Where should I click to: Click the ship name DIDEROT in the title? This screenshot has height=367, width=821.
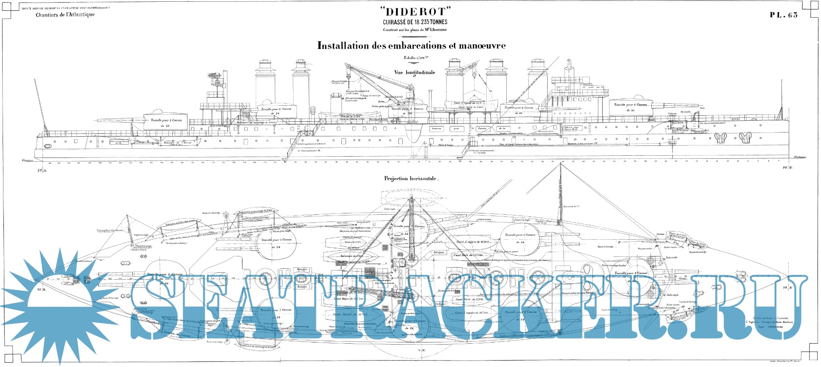415,12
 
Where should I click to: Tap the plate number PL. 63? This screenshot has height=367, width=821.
783,15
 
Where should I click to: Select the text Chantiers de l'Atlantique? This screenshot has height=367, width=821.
65,15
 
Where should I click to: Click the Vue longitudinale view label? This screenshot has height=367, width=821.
414,73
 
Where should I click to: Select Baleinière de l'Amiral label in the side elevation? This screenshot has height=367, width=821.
178,143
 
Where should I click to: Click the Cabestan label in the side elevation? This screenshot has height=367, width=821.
672,114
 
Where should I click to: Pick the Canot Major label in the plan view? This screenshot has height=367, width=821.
349,298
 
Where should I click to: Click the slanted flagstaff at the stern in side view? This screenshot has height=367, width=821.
40,103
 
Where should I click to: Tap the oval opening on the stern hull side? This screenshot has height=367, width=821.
48,146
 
